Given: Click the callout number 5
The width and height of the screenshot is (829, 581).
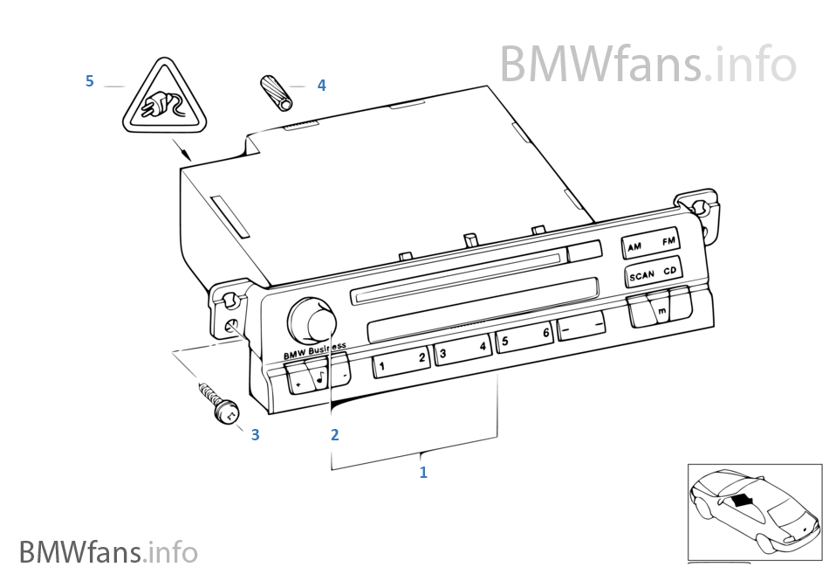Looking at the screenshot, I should click(x=89, y=81).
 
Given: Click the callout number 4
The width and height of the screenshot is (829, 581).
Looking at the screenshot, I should click(x=321, y=85).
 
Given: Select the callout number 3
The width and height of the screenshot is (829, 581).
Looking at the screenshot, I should click(x=255, y=433).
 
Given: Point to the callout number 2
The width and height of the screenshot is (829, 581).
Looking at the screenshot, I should click(x=333, y=433).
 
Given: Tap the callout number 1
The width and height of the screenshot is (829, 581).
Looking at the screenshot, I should click(x=423, y=473).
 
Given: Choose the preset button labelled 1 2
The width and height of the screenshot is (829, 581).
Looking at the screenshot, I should click(x=401, y=360).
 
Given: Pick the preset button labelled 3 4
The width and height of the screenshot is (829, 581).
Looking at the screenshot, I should click(x=462, y=350).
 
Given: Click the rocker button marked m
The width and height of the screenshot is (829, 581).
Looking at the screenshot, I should click(x=660, y=309).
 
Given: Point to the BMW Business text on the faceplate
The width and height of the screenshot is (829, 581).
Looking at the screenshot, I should click(x=314, y=350).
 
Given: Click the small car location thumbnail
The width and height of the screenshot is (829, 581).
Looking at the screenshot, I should click(x=755, y=511).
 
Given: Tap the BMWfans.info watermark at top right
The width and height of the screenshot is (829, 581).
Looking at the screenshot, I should click(x=647, y=63).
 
